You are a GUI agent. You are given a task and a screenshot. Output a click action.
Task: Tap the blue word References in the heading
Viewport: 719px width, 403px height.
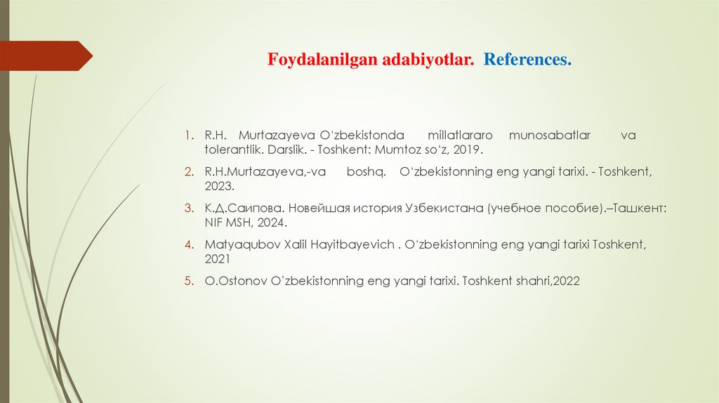(527, 60)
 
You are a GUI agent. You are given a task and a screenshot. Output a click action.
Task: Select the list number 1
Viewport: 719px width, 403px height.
(188, 135)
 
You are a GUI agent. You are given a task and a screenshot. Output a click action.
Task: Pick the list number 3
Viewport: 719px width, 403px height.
(188, 209)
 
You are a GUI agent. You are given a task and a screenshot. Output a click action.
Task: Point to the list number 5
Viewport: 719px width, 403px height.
(188, 281)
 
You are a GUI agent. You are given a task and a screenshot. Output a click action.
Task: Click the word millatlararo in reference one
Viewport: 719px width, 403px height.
(461, 135)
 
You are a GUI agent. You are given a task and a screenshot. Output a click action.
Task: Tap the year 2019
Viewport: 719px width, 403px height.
(468, 150)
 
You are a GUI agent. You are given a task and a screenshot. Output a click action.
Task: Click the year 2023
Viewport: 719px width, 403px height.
(219, 187)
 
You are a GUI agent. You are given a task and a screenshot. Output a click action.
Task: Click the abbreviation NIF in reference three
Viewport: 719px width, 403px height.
(215, 223)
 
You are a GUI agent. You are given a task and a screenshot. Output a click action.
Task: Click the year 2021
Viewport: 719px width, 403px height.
(218, 259)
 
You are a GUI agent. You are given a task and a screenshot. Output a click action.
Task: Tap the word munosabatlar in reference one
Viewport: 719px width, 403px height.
(550, 135)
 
